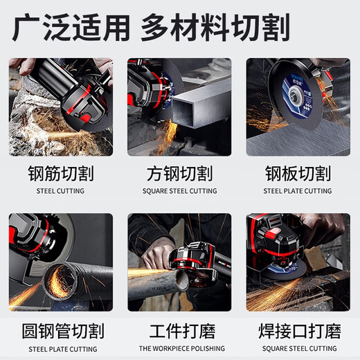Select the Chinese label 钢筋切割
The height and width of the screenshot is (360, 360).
click(x=61, y=172)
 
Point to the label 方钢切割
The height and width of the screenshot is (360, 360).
click(x=179, y=172)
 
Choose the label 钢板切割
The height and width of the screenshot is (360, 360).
click(x=298, y=172)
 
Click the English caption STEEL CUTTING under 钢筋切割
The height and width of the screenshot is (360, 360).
click(x=61, y=191)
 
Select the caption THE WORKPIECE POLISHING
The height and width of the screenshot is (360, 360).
click(x=179, y=348)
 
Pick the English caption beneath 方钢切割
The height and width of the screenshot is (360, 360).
click(x=179, y=191)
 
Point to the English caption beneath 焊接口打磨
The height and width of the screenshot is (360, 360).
click(x=298, y=348)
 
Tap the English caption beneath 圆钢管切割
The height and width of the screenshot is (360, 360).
click(x=61, y=348)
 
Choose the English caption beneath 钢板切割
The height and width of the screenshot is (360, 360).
click(x=298, y=191)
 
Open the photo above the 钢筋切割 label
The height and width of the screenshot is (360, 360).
click(x=61, y=107)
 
